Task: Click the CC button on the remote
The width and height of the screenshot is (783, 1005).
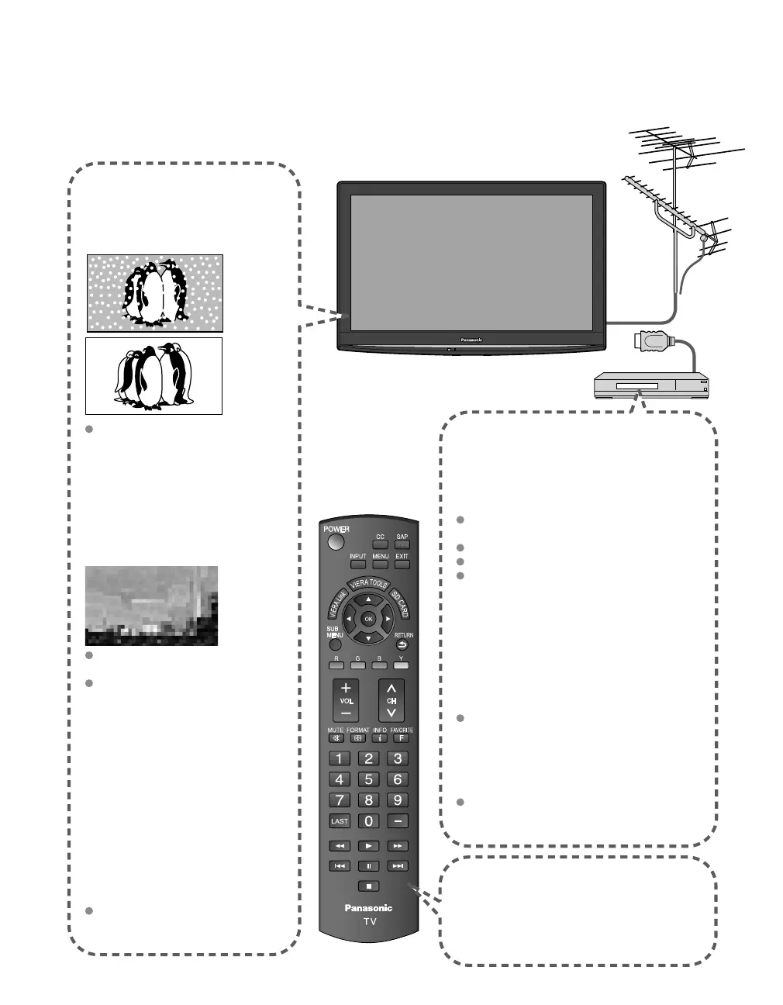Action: (380, 544)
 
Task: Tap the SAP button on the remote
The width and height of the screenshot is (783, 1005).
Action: (402, 544)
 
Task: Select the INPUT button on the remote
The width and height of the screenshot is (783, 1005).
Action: (357, 564)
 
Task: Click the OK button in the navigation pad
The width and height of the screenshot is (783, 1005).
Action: (368, 619)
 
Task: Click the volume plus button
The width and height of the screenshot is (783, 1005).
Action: (346, 688)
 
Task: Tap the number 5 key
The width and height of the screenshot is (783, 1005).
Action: (369, 779)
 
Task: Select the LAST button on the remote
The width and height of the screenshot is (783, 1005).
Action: (340, 821)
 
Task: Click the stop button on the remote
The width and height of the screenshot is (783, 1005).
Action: (369, 886)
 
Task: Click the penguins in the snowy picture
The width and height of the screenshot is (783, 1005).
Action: (155, 292)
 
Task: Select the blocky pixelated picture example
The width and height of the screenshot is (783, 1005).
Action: (151, 606)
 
